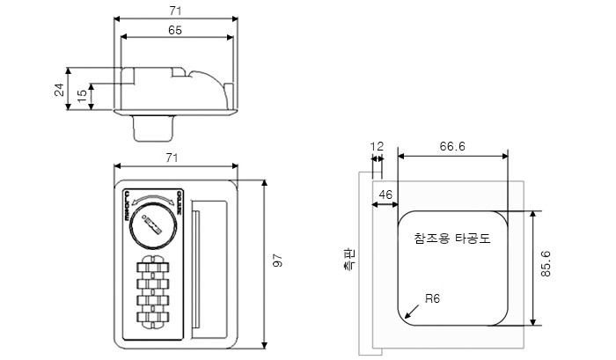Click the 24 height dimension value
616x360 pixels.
[x=59, y=89]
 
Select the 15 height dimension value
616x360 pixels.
[x=82, y=95]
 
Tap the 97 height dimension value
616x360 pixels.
[x=275, y=262]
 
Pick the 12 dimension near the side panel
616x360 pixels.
[x=378, y=146]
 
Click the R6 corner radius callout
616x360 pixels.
[x=431, y=298]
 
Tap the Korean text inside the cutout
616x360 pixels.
[x=451, y=238]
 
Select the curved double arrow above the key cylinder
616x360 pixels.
[x=154, y=200]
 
